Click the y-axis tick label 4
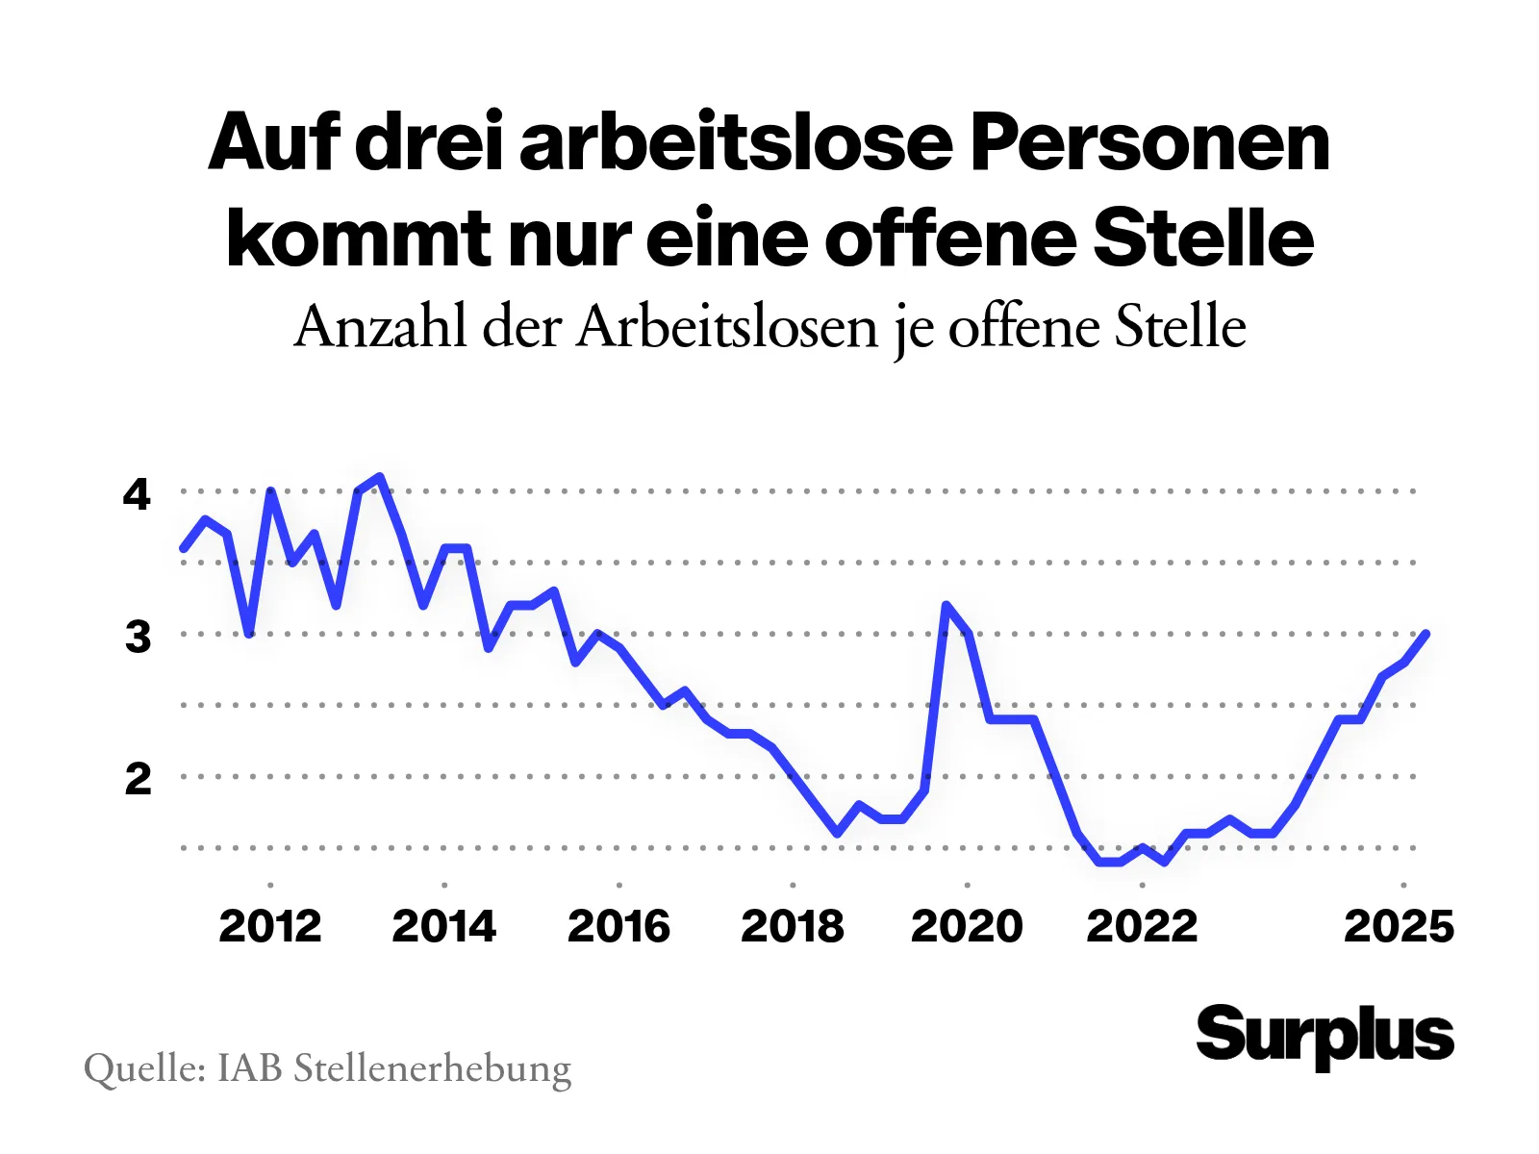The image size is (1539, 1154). click(x=137, y=494)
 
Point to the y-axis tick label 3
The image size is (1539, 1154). click(x=138, y=637)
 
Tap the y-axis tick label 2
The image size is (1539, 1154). click(x=138, y=779)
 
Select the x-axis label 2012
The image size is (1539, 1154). click(x=269, y=926)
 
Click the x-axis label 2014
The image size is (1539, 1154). click(x=443, y=926)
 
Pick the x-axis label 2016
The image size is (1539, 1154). click(x=618, y=926)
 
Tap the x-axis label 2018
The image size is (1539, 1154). click(x=792, y=926)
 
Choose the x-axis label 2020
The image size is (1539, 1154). click(x=967, y=926)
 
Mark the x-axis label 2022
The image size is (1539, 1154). click(x=1142, y=926)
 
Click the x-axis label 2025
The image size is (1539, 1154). click(x=1399, y=926)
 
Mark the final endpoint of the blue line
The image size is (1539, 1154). click(x=1425, y=634)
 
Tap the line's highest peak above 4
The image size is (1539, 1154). click(x=381, y=477)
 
